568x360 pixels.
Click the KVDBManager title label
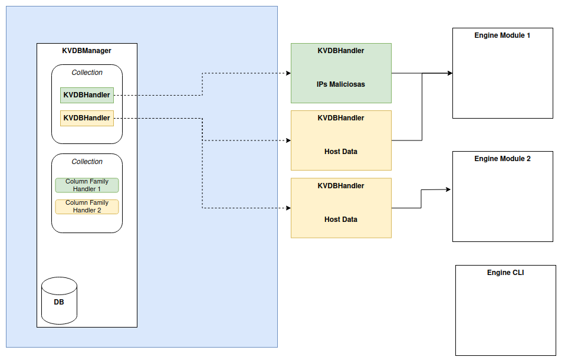click(87, 51)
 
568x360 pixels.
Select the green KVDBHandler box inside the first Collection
click(87, 95)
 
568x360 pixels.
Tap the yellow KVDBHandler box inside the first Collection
click(87, 118)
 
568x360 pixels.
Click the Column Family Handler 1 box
click(87, 185)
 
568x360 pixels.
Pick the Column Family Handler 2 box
click(87, 207)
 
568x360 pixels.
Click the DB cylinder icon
click(59, 300)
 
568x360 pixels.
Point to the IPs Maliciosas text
click(340, 84)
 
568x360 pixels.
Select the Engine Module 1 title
click(502, 35)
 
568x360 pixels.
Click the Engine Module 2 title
click(502, 159)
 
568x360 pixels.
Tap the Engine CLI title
click(505, 273)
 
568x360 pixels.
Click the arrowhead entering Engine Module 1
click(449, 73)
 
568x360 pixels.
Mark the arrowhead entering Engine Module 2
click(448, 189)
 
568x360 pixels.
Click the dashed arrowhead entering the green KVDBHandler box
click(288, 73)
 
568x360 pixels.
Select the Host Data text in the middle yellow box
click(340, 152)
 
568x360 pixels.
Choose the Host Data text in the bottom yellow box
click(340, 220)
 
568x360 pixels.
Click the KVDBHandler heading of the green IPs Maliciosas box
click(340, 51)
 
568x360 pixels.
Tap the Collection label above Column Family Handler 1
click(87, 162)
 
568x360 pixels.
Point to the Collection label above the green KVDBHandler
click(87, 73)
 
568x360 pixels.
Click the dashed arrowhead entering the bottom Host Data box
click(288, 208)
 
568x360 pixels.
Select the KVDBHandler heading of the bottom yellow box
click(340, 186)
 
